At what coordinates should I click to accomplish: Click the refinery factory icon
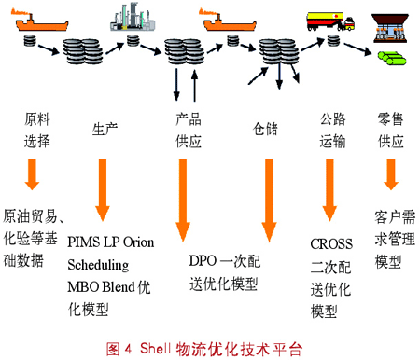(x=133, y=17)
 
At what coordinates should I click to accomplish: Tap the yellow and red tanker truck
(x=330, y=21)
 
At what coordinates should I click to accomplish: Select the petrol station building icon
(x=390, y=28)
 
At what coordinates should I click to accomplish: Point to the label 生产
(x=105, y=129)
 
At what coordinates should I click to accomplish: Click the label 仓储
(x=265, y=129)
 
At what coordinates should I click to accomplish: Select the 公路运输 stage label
(x=332, y=131)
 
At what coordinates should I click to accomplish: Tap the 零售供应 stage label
(x=391, y=131)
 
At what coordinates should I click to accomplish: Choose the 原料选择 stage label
(x=37, y=131)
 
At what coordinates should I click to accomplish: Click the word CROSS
(x=331, y=244)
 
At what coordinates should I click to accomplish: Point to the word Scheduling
(x=98, y=265)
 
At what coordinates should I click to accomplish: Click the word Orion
(x=138, y=242)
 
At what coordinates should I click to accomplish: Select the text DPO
(x=203, y=261)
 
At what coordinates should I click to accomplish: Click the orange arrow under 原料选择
(x=32, y=174)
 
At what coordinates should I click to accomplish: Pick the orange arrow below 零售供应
(x=391, y=174)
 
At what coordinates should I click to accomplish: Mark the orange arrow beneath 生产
(x=103, y=190)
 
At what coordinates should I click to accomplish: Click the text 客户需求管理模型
(x=395, y=239)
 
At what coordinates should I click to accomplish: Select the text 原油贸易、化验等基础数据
(x=33, y=238)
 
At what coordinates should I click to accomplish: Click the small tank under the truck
(x=333, y=41)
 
